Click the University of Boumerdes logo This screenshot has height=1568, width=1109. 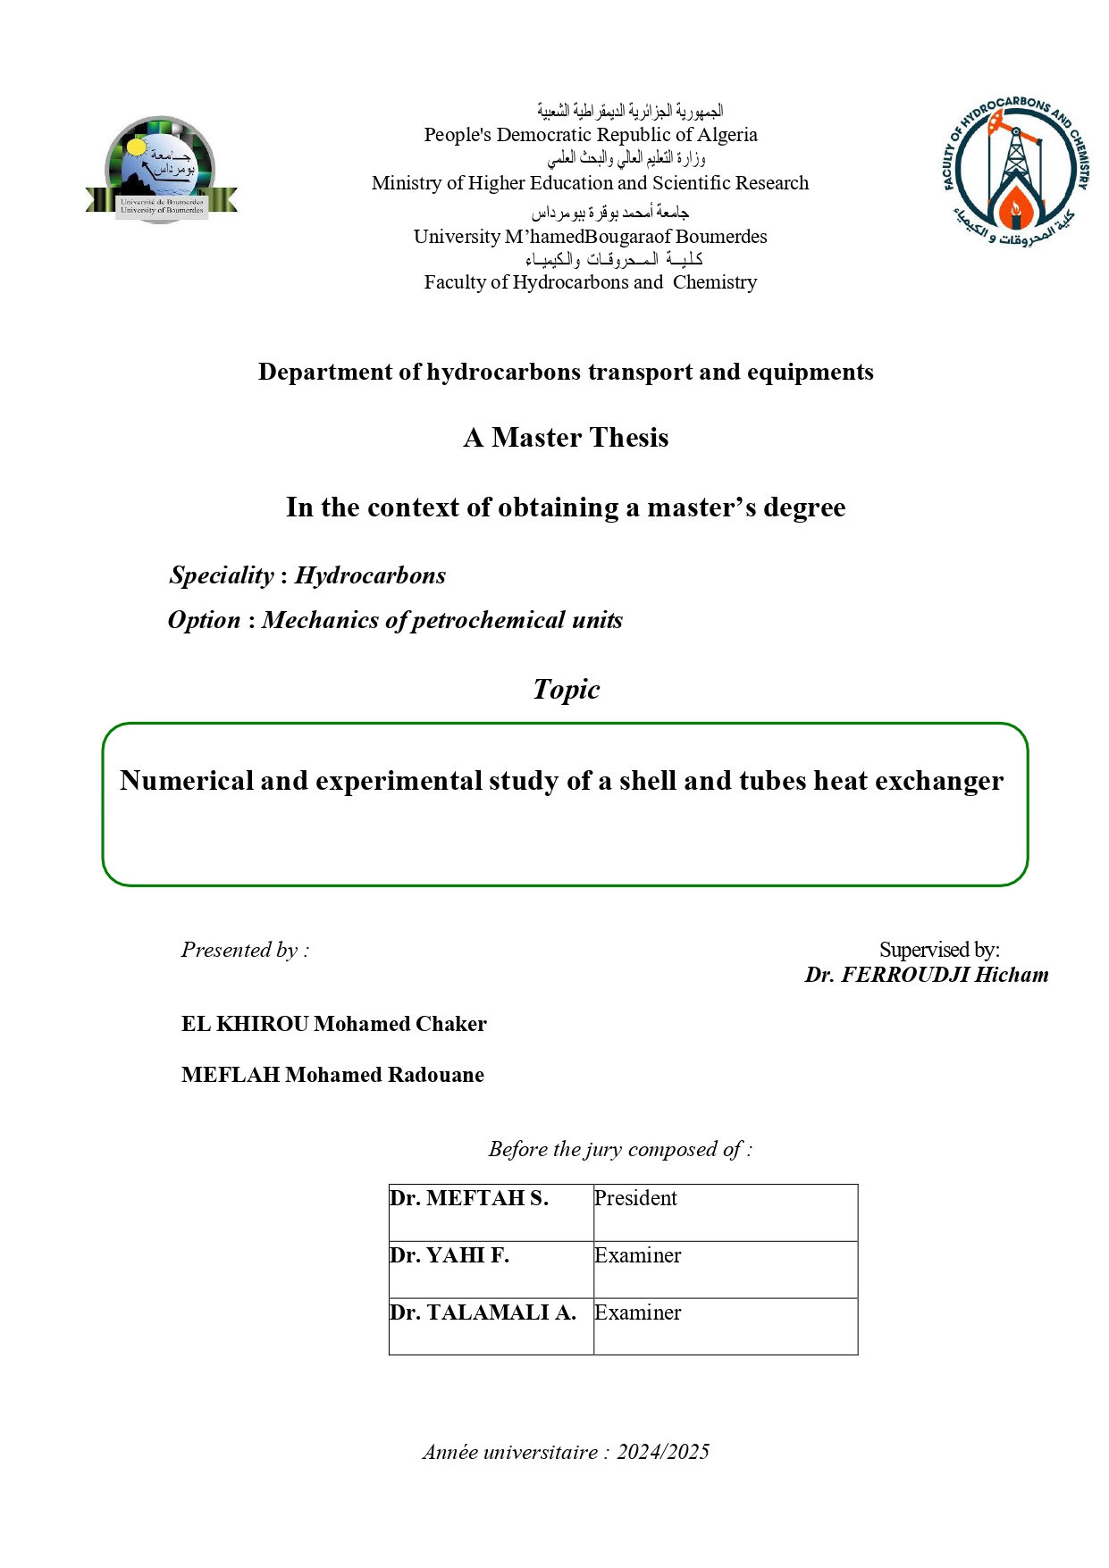click(162, 170)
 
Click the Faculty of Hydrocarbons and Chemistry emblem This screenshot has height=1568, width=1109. click(1015, 172)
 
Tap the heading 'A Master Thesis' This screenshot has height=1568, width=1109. click(566, 438)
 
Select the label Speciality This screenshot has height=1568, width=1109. click(222, 575)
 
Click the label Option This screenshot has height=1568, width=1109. click(205, 620)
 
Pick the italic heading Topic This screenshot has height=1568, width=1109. click(566, 690)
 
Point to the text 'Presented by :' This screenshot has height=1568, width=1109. click(245, 950)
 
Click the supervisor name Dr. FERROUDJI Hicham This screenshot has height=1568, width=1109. click(927, 975)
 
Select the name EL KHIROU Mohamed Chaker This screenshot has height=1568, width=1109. click(333, 1024)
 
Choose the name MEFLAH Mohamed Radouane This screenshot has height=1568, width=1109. click(332, 1075)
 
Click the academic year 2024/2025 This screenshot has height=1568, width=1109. click(662, 1452)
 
